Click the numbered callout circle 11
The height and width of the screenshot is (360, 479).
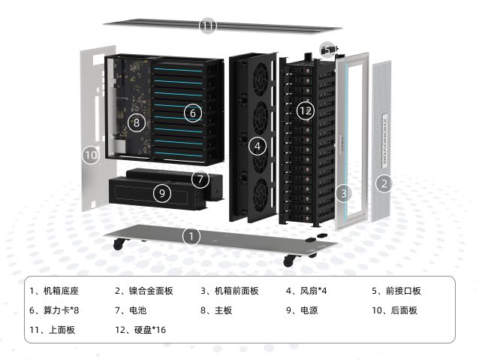coord(208,26)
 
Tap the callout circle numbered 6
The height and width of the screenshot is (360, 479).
coord(193,113)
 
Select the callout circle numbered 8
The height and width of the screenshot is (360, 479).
coord(136,123)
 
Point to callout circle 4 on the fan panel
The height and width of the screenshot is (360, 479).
coord(258,147)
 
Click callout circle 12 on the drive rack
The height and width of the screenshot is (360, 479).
coord(306,110)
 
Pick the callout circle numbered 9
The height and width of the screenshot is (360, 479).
coord(162,193)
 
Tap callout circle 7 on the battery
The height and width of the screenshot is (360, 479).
coord(200,179)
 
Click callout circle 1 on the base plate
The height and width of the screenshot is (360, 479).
coord(191,236)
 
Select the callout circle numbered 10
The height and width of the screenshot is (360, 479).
coord(91,155)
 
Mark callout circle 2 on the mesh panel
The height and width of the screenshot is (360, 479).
coord(384,183)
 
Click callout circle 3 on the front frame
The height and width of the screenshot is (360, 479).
coord(344,193)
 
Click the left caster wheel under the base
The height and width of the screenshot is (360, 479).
coord(119,244)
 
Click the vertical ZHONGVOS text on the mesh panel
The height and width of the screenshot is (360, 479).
coord(385,141)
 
